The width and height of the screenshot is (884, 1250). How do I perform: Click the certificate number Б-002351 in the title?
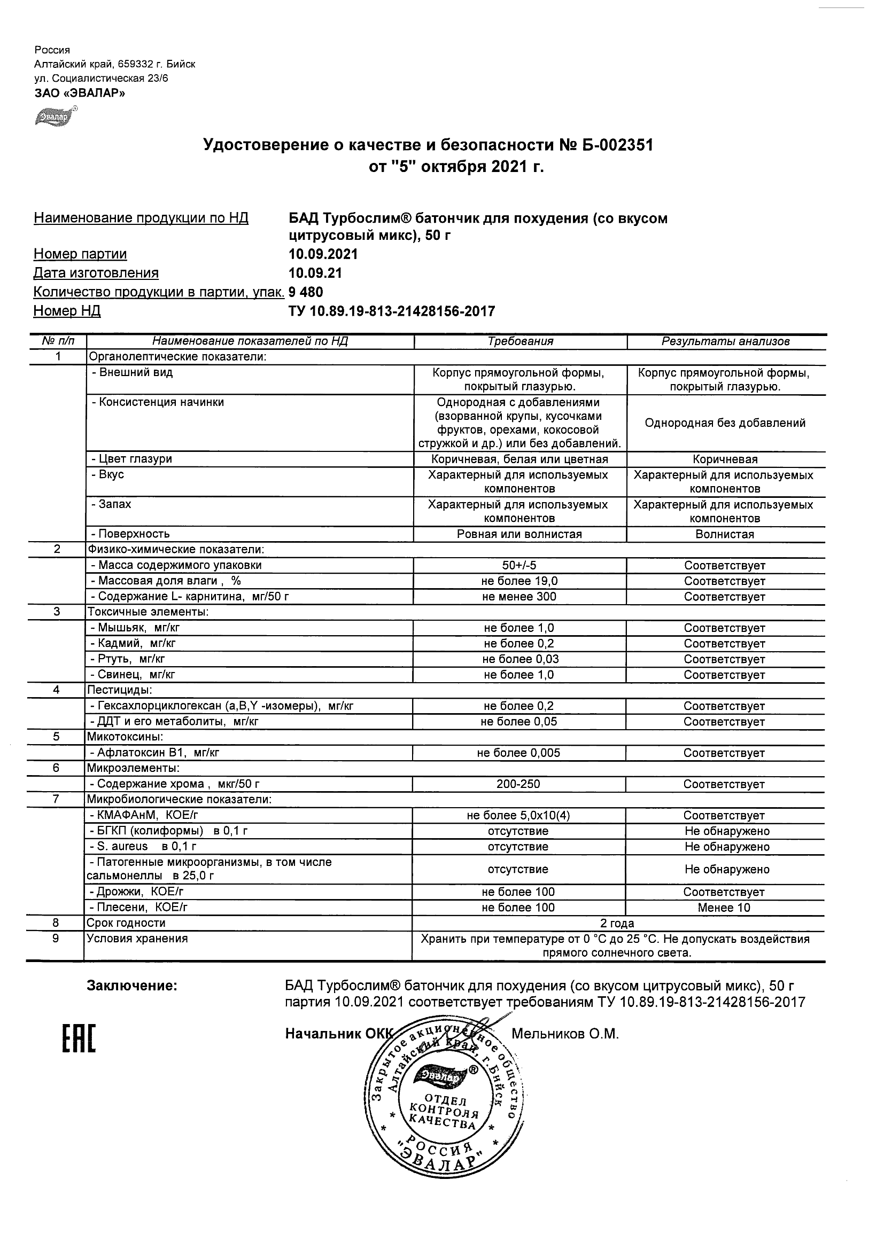click(612, 145)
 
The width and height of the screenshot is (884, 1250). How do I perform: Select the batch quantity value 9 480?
click(306, 292)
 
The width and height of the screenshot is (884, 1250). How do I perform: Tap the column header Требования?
click(520, 341)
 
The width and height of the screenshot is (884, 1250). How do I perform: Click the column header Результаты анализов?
click(725, 341)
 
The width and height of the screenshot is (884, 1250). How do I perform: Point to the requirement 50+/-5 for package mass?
click(519, 565)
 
